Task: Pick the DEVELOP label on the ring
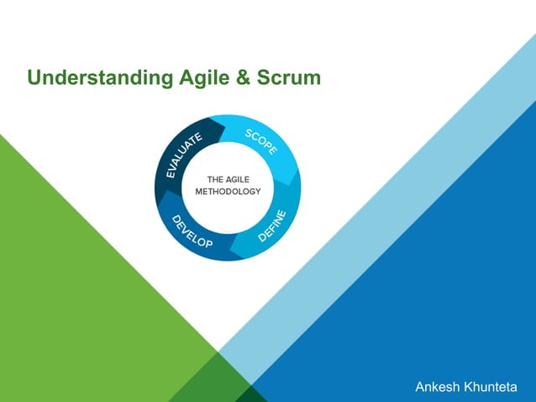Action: pos(192,233)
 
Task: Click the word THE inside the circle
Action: pos(215,179)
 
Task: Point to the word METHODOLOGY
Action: pos(228,192)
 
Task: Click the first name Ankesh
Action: pos(439,387)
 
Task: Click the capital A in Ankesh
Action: pos(421,387)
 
